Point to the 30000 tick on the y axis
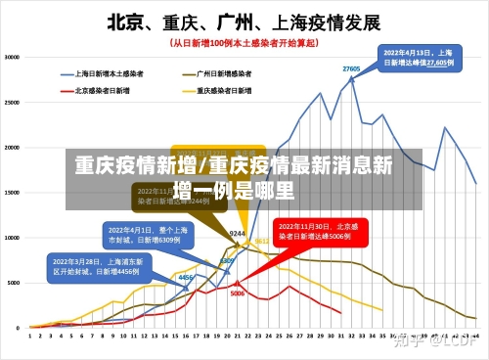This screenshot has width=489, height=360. click(14, 57)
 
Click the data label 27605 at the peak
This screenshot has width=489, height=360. click(351, 68)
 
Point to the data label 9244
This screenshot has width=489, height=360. click(237, 234)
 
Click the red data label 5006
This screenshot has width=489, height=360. click(237, 292)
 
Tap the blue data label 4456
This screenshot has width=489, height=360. click(185, 278)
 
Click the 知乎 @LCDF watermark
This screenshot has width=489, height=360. click(437, 341)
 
